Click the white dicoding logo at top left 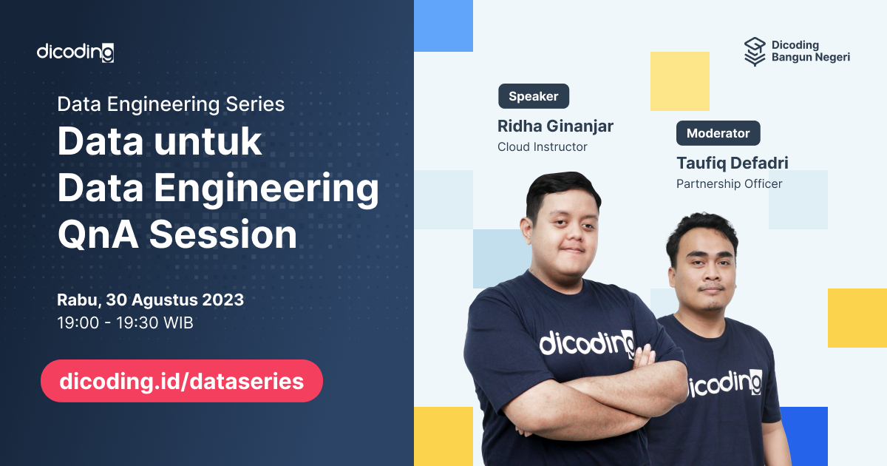pos(75,53)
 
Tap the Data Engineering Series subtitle pos(171,104)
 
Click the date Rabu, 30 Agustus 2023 pos(150,300)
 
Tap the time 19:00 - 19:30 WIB pos(125,323)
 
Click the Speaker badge pos(533,97)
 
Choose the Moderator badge pos(718,133)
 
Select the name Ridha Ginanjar pos(555,126)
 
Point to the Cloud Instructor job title pos(542,147)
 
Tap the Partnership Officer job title pos(729,184)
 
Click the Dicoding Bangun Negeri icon pos(754,52)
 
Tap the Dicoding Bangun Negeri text pos(810,52)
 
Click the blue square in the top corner pos(443,26)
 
